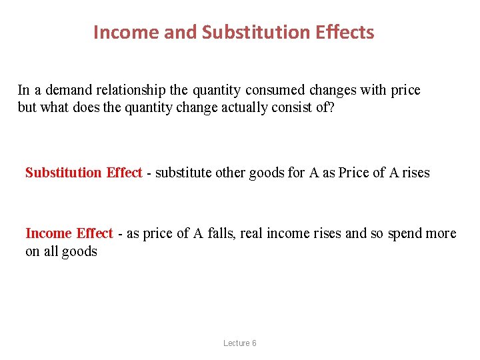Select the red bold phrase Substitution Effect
pos(83,173)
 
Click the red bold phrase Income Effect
pos(69,233)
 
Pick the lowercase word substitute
pos(183,173)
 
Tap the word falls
pos(221,233)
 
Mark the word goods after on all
pos(79,251)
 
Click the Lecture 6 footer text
pos(240,343)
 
